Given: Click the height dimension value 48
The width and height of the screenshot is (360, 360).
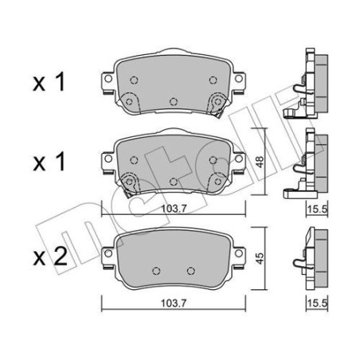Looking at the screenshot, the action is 260,162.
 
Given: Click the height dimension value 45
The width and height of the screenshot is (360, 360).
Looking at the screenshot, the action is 260,258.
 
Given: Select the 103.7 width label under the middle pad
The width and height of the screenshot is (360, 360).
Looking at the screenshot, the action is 174,209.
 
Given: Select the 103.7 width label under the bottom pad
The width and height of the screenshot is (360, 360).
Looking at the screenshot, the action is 174,303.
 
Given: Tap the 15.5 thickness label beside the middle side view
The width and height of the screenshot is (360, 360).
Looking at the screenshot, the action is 317,209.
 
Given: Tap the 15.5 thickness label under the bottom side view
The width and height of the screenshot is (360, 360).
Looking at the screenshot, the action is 317,303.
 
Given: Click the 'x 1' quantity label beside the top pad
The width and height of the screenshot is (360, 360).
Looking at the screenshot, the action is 49,83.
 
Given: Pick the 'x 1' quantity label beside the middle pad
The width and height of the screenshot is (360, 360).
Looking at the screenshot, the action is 49,162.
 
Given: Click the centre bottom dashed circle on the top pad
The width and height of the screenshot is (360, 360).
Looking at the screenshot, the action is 174,101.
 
